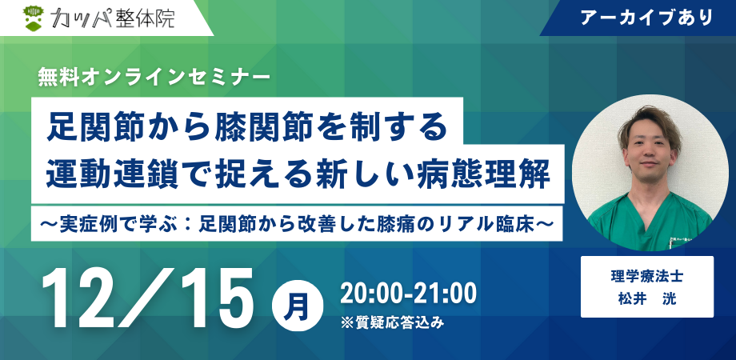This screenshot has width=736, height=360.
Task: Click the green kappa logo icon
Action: pyautogui.click(x=34, y=18)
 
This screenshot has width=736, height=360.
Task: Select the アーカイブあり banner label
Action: pyautogui.click(x=646, y=18)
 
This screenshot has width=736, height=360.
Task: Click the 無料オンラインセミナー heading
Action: pyautogui.click(x=154, y=78)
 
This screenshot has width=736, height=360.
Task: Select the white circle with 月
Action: pyautogui.click(x=297, y=306)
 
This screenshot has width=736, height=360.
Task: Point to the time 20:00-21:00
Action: pyautogui.click(x=408, y=294)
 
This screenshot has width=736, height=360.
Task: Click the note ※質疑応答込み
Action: pyautogui.click(x=392, y=323)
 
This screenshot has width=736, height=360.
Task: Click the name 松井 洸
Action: pyautogui.click(x=647, y=299)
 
